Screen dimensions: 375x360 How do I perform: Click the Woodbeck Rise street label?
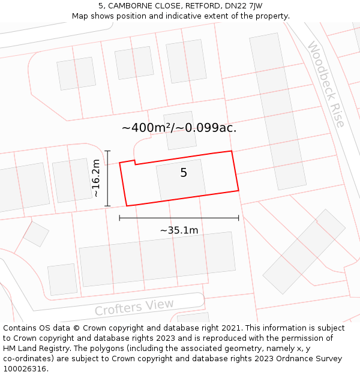(326, 84)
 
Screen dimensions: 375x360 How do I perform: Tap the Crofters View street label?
(134, 307)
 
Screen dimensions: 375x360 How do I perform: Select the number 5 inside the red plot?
(184, 173)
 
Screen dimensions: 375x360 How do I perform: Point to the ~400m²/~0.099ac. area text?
(179, 128)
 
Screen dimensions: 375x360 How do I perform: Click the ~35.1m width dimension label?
(179, 230)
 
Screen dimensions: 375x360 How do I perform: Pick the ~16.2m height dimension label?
(97, 178)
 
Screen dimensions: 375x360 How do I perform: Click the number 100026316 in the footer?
(24, 368)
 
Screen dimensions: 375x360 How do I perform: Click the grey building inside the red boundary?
(181, 179)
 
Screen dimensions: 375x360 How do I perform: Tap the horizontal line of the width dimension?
(179, 218)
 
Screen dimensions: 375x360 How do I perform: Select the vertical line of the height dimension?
(108, 178)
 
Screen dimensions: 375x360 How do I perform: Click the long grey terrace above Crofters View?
(157, 259)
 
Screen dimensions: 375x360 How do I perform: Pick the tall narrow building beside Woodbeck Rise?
(277, 111)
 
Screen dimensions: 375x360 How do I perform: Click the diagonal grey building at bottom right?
(304, 251)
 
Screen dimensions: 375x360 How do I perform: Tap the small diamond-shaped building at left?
(36, 234)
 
